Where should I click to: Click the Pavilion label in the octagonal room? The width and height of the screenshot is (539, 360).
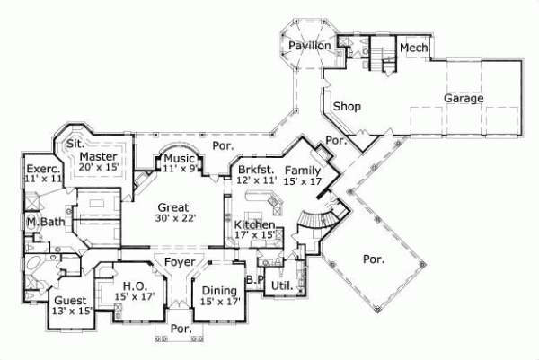310,46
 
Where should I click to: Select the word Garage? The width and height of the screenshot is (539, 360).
463,99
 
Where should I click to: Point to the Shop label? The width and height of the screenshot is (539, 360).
347,107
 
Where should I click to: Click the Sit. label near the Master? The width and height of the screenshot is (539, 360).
77,143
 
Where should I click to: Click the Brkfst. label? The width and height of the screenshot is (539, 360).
253,169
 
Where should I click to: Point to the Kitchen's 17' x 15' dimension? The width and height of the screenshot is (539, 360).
254,235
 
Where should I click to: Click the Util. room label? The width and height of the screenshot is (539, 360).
281,285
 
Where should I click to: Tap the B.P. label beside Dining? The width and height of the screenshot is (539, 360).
253,279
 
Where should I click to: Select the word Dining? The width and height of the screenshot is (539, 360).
219,290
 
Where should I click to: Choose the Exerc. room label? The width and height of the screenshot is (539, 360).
42,169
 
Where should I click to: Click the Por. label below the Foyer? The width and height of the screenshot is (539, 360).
181,329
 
